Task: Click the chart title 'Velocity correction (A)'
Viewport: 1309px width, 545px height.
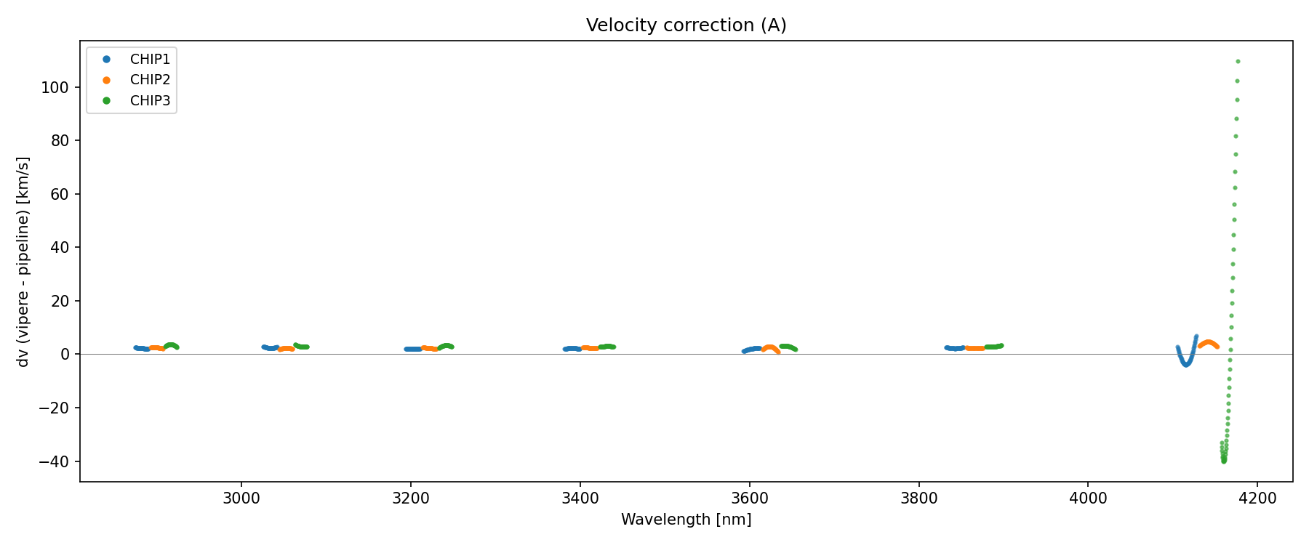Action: coord(686,25)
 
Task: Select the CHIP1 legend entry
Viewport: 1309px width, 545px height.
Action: coord(150,60)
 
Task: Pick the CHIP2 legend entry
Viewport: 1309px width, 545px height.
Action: coord(150,80)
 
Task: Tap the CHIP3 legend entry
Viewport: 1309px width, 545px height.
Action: coord(150,101)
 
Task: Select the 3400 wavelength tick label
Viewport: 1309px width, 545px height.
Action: coord(580,498)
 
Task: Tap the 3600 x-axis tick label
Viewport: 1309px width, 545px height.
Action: coord(750,498)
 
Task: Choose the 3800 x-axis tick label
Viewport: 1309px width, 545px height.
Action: coord(919,498)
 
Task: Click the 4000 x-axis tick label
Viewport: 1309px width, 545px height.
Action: coord(1089,498)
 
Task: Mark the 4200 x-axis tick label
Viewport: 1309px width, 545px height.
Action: coord(1258,498)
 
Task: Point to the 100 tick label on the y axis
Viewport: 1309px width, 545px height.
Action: coord(55,87)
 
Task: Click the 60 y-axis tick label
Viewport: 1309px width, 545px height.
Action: coord(59,194)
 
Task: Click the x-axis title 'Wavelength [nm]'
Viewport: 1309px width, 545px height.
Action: coord(686,520)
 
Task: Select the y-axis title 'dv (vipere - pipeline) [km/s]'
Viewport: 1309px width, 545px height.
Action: coord(23,262)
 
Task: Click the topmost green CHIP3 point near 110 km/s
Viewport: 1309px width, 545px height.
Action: coord(1238,62)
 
